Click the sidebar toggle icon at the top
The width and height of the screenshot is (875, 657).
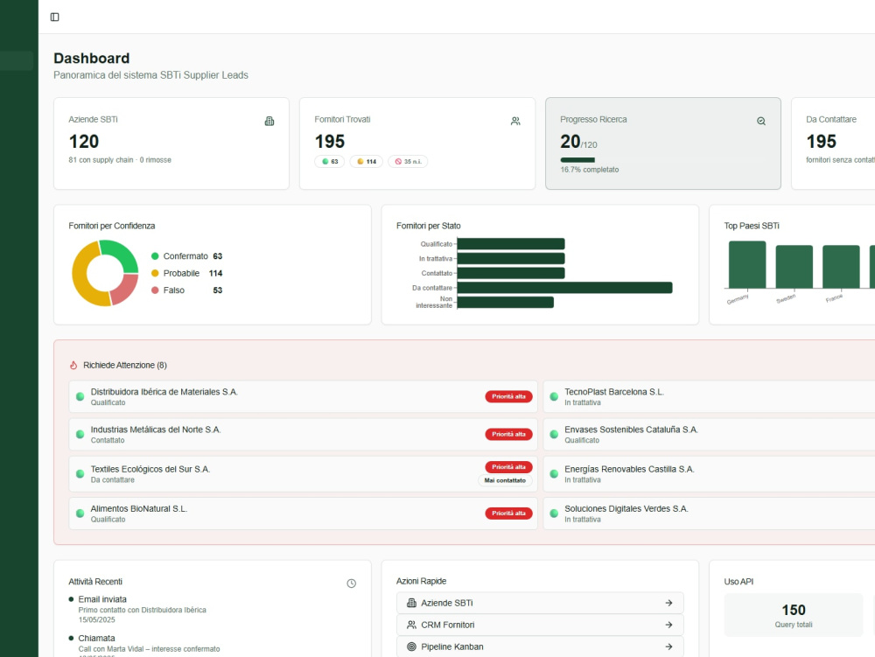54,17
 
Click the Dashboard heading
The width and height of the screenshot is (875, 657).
92,58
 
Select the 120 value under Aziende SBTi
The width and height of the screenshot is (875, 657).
84,142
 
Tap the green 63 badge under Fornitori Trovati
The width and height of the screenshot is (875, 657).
329,162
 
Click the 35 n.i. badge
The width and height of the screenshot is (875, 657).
408,162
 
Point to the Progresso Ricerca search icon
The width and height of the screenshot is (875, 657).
761,121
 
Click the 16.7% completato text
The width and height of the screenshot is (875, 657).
589,170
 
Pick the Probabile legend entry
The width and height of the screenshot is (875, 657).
186,273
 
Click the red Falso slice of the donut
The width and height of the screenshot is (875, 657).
125,289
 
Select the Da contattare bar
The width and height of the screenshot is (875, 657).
564,288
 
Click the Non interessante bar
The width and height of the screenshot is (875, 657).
505,303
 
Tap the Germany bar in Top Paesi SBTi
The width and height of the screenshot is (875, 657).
747,265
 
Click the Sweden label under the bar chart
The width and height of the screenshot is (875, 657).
786,299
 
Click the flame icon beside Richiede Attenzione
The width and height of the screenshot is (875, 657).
73,366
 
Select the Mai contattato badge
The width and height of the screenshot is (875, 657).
505,480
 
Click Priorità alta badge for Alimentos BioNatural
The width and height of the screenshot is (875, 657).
508,514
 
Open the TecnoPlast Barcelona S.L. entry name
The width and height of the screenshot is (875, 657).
614,392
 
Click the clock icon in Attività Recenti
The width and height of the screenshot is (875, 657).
352,584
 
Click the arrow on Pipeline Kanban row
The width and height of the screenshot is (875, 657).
668,647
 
